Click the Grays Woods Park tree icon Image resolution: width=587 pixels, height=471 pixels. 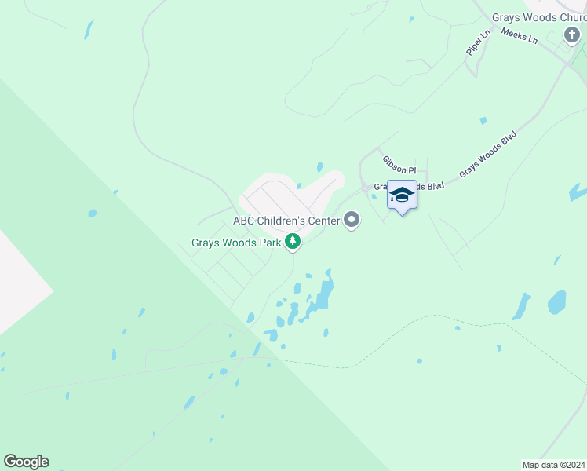[x=293, y=242]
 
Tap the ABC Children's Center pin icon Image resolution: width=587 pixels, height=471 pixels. [x=352, y=221]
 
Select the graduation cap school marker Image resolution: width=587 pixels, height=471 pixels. [x=402, y=195]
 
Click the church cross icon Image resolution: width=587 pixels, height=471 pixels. [x=572, y=35]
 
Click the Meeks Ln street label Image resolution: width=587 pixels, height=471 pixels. [x=519, y=36]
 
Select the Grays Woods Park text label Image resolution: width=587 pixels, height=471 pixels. [x=236, y=243]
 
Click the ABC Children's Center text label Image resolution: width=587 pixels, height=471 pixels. [x=286, y=221]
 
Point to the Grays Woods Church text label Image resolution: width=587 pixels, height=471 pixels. [x=539, y=17]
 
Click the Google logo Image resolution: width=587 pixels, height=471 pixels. [x=26, y=462]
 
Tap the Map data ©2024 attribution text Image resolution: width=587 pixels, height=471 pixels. [x=553, y=464]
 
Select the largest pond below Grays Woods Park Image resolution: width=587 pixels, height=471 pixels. [x=323, y=292]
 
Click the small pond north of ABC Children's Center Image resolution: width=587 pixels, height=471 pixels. [x=319, y=167]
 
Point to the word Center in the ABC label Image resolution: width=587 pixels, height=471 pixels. [x=322, y=221]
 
